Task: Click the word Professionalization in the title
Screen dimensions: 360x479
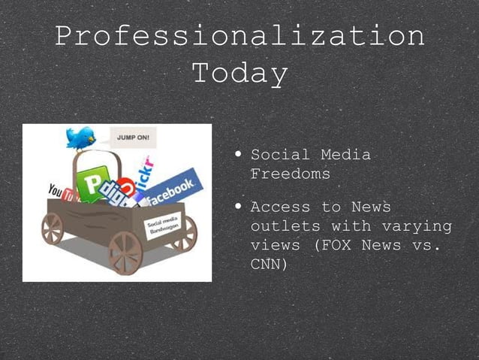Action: click(239, 36)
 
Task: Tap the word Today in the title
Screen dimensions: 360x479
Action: click(239, 74)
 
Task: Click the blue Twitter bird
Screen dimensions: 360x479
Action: click(80, 138)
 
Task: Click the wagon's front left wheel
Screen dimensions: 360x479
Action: click(52, 228)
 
